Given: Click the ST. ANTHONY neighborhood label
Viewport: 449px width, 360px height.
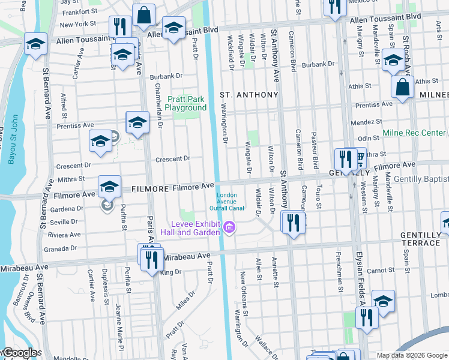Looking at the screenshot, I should pyautogui.click(x=249, y=95).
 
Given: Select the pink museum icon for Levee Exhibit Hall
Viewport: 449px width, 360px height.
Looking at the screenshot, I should pyautogui.click(x=229, y=228).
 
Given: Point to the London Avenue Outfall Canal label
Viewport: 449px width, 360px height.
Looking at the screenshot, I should pyautogui.click(x=226, y=202).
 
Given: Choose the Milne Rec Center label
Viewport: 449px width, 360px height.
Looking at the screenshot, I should pyautogui.click(x=414, y=133).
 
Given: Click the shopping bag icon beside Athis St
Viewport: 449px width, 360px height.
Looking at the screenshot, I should pyautogui.click(x=402, y=87).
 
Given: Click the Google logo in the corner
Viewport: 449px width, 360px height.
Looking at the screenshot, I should pyautogui.click(x=21, y=353).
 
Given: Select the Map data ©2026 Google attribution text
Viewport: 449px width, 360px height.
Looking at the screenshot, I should pyautogui.click(x=412, y=355).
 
